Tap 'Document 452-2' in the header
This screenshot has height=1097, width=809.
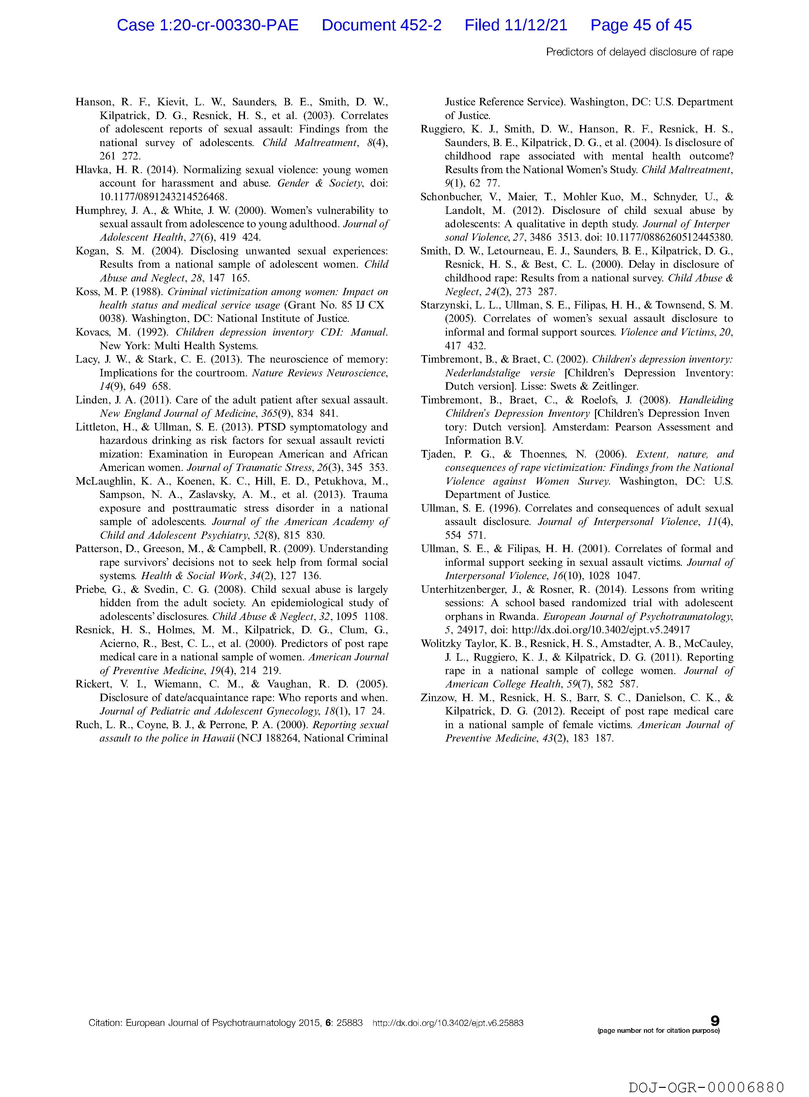(x=381, y=25)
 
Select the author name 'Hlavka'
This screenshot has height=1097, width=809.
(x=91, y=170)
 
